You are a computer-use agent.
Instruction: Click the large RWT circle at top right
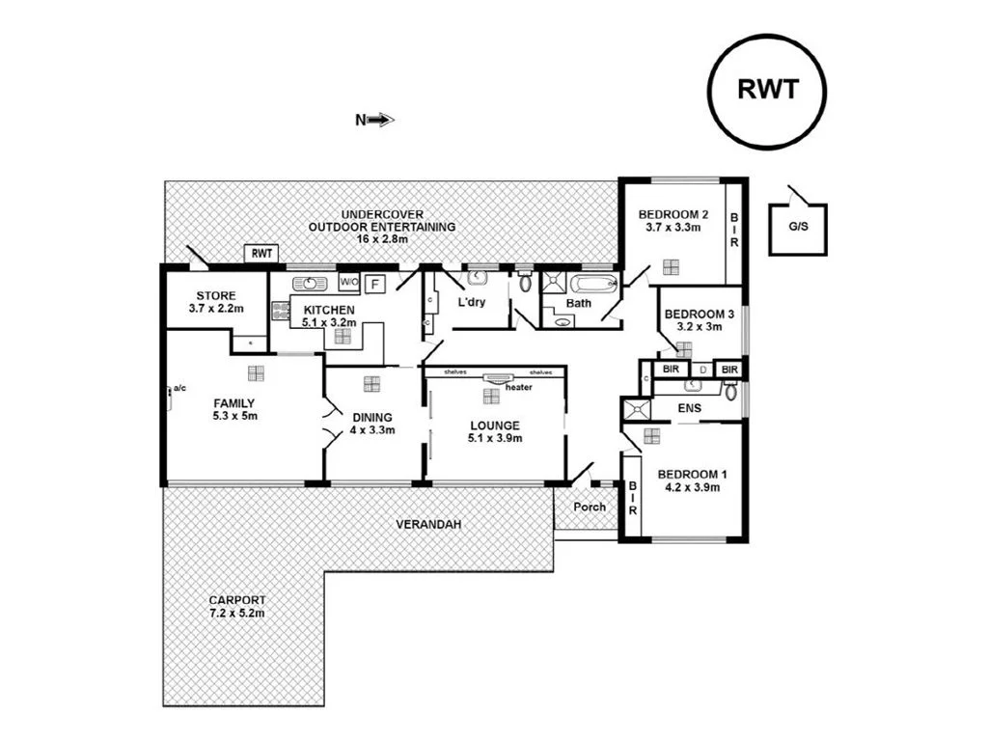click(x=767, y=90)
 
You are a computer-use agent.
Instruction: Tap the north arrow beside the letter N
click(x=382, y=120)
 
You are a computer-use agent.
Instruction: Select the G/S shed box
click(x=797, y=229)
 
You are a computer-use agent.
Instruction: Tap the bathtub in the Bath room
click(x=592, y=285)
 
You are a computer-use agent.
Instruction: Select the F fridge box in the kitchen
click(x=375, y=283)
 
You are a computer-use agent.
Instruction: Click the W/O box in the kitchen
click(x=349, y=283)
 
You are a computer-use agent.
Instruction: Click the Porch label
click(x=590, y=508)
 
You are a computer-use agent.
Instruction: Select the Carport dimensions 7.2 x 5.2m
click(x=236, y=613)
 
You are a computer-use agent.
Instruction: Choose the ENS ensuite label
click(x=689, y=408)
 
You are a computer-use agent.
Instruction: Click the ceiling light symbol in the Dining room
click(x=371, y=383)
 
